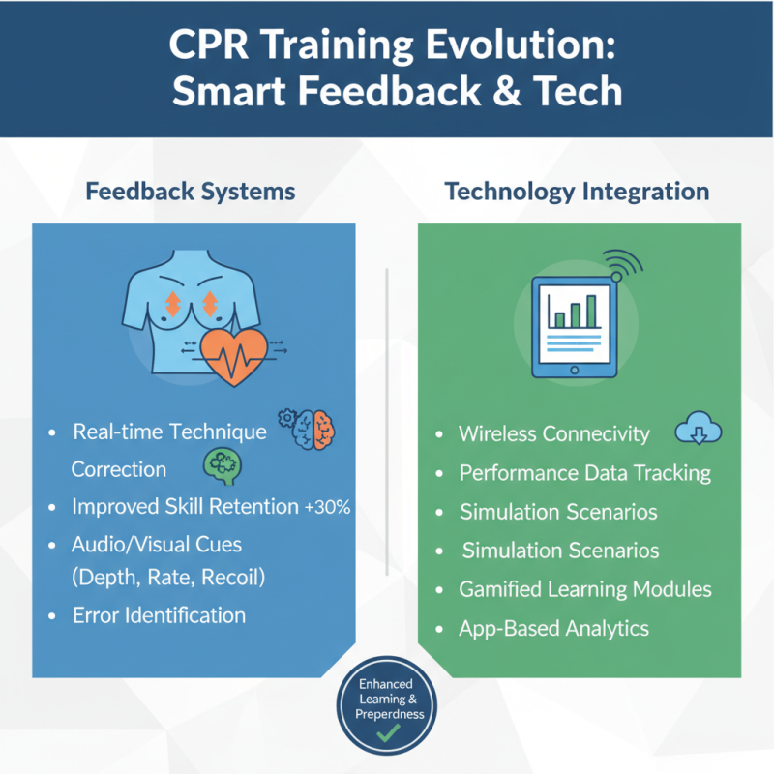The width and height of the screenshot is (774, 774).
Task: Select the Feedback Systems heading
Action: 191,192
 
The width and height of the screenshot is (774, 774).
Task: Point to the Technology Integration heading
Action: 577,192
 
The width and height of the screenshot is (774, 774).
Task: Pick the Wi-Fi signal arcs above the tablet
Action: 622,264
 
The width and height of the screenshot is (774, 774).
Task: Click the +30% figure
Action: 327,507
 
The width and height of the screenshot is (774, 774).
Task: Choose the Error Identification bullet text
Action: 159,615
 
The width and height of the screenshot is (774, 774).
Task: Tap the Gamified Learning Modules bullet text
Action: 585,589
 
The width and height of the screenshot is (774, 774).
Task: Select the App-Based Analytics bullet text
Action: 553,629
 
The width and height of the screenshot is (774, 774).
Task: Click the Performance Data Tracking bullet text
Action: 585,473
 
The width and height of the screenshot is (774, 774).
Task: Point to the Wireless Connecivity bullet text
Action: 554,433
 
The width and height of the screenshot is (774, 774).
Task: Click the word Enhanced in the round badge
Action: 387,684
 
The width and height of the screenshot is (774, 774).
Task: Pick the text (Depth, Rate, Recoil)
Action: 168,579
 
